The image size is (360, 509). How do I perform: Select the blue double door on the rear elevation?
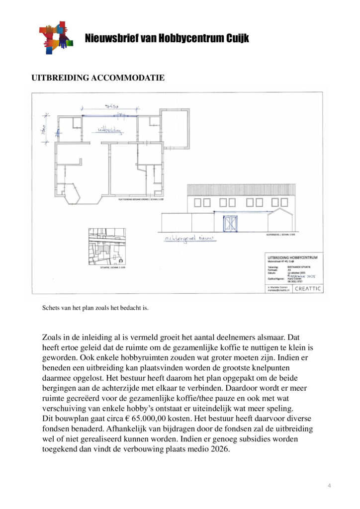[230, 224]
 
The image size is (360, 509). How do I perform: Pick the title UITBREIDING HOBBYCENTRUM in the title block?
[292, 257]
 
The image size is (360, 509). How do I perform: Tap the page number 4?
[329, 485]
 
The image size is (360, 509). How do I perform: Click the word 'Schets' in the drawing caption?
[52, 308]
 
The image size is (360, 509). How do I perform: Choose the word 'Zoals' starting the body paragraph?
[53, 338]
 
